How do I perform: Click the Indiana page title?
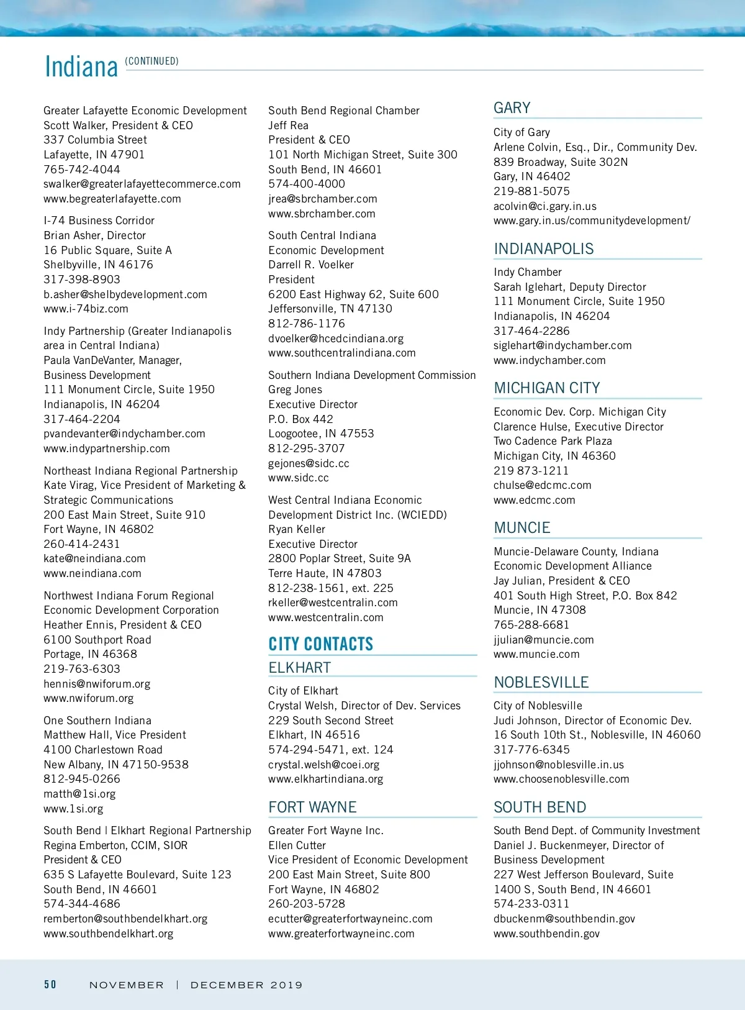81,67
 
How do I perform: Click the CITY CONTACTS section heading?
320,644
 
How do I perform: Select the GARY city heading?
512,108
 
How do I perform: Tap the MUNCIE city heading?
521,528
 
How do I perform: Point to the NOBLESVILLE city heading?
541,683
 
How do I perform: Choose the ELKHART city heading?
299,668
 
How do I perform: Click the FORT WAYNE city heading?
312,808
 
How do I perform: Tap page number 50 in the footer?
50,985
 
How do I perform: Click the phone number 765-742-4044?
82,170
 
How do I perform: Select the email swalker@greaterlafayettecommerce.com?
142,184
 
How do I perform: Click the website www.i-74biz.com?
86,309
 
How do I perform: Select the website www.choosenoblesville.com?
561,779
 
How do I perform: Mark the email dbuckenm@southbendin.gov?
564,919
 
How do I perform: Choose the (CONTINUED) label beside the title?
151,61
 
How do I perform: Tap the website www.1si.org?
73,809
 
